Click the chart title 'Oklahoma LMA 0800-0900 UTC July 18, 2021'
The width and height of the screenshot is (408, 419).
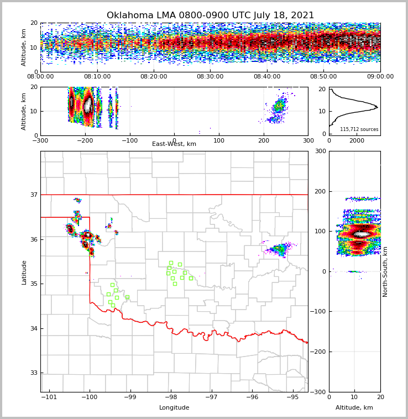(210, 15)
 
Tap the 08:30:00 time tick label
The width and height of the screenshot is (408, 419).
(210, 77)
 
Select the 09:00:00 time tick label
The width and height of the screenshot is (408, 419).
(380, 77)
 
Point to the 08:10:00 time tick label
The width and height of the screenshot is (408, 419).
(97, 77)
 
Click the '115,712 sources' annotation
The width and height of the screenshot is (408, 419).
(359, 129)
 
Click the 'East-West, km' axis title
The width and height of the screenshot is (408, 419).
(174, 144)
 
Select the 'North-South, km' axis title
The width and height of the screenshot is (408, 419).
(385, 271)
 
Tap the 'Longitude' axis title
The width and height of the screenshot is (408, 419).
(174, 408)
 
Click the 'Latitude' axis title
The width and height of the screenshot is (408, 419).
(24, 272)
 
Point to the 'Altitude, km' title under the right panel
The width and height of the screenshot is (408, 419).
(354, 408)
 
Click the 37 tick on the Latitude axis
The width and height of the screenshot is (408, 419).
(34, 195)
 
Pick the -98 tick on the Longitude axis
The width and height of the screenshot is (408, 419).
(171, 397)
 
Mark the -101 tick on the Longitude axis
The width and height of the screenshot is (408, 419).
(49, 397)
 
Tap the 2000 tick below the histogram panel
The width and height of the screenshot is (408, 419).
(357, 141)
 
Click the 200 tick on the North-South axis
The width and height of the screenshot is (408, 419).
(320, 191)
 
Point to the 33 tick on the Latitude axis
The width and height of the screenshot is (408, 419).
(34, 373)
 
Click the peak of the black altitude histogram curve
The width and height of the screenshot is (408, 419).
(377, 107)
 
